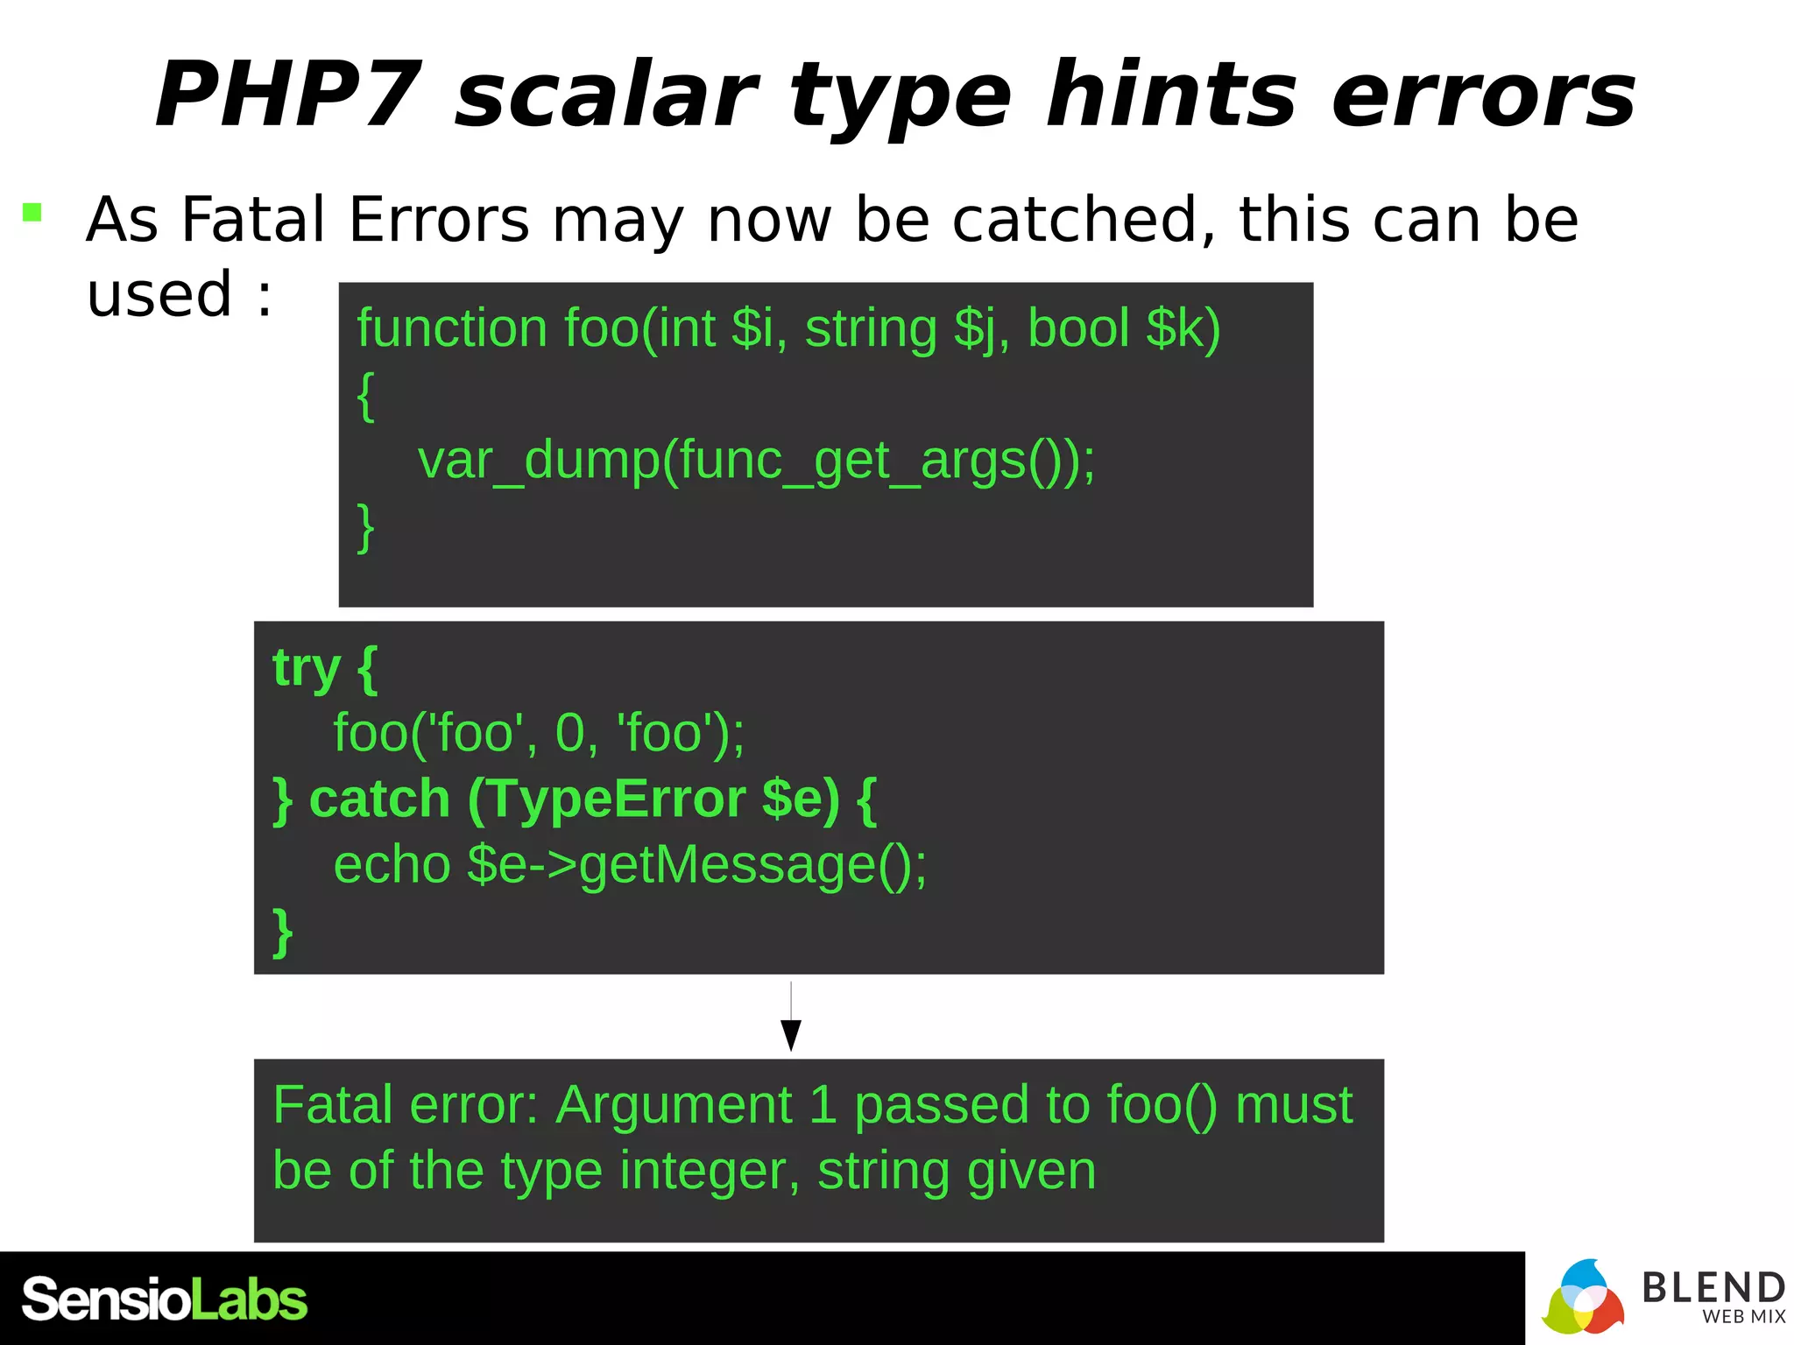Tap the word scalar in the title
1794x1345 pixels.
(x=606, y=95)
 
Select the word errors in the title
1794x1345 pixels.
(x=1482, y=95)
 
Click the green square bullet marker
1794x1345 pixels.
(x=32, y=212)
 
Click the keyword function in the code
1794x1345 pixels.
(x=452, y=328)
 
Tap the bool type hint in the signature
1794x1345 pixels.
(x=1077, y=328)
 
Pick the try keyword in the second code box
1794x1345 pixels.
(x=306, y=667)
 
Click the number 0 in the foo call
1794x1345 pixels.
(x=569, y=732)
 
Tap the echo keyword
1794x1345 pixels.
(x=392, y=864)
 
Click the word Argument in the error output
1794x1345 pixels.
(x=674, y=1105)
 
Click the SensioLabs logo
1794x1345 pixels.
(x=165, y=1299)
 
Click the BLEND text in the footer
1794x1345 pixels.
(x=1713, y=1287)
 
